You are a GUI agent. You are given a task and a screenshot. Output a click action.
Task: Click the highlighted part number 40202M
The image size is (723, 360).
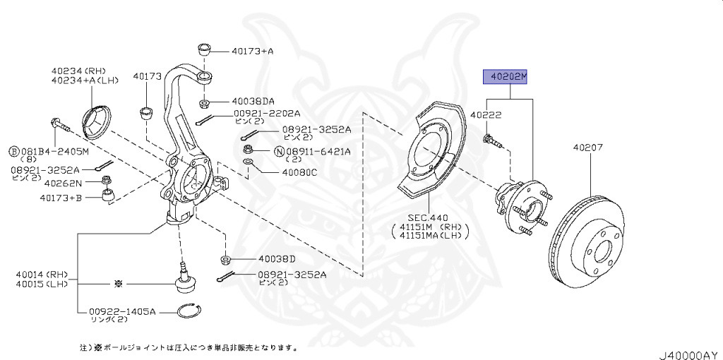(505, 77)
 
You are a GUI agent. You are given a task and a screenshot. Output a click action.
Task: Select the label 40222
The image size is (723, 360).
(486, 114)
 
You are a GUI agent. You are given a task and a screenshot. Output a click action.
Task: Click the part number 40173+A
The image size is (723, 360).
(252, 51)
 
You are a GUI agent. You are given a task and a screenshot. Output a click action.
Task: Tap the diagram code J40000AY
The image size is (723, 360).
(688, 353)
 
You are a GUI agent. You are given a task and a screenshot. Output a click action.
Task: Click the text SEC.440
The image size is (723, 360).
(428, 218)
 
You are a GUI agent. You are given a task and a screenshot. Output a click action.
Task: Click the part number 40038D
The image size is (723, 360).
(276, 258)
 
